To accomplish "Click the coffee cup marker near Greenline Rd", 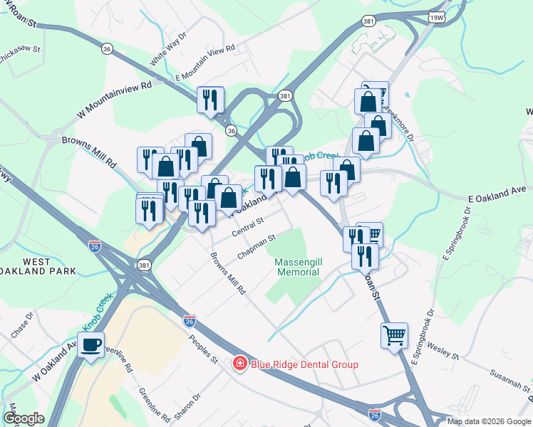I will pos(90,345).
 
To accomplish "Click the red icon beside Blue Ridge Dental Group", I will pos(241,364).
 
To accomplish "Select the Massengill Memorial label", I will pos(298,267).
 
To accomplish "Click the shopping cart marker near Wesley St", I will pos(394,334).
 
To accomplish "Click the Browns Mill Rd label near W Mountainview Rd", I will pos(89,152).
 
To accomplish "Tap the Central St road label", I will pos(249,227).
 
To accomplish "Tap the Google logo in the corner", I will pos(24,418).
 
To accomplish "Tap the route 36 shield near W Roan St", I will pos(107,48).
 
